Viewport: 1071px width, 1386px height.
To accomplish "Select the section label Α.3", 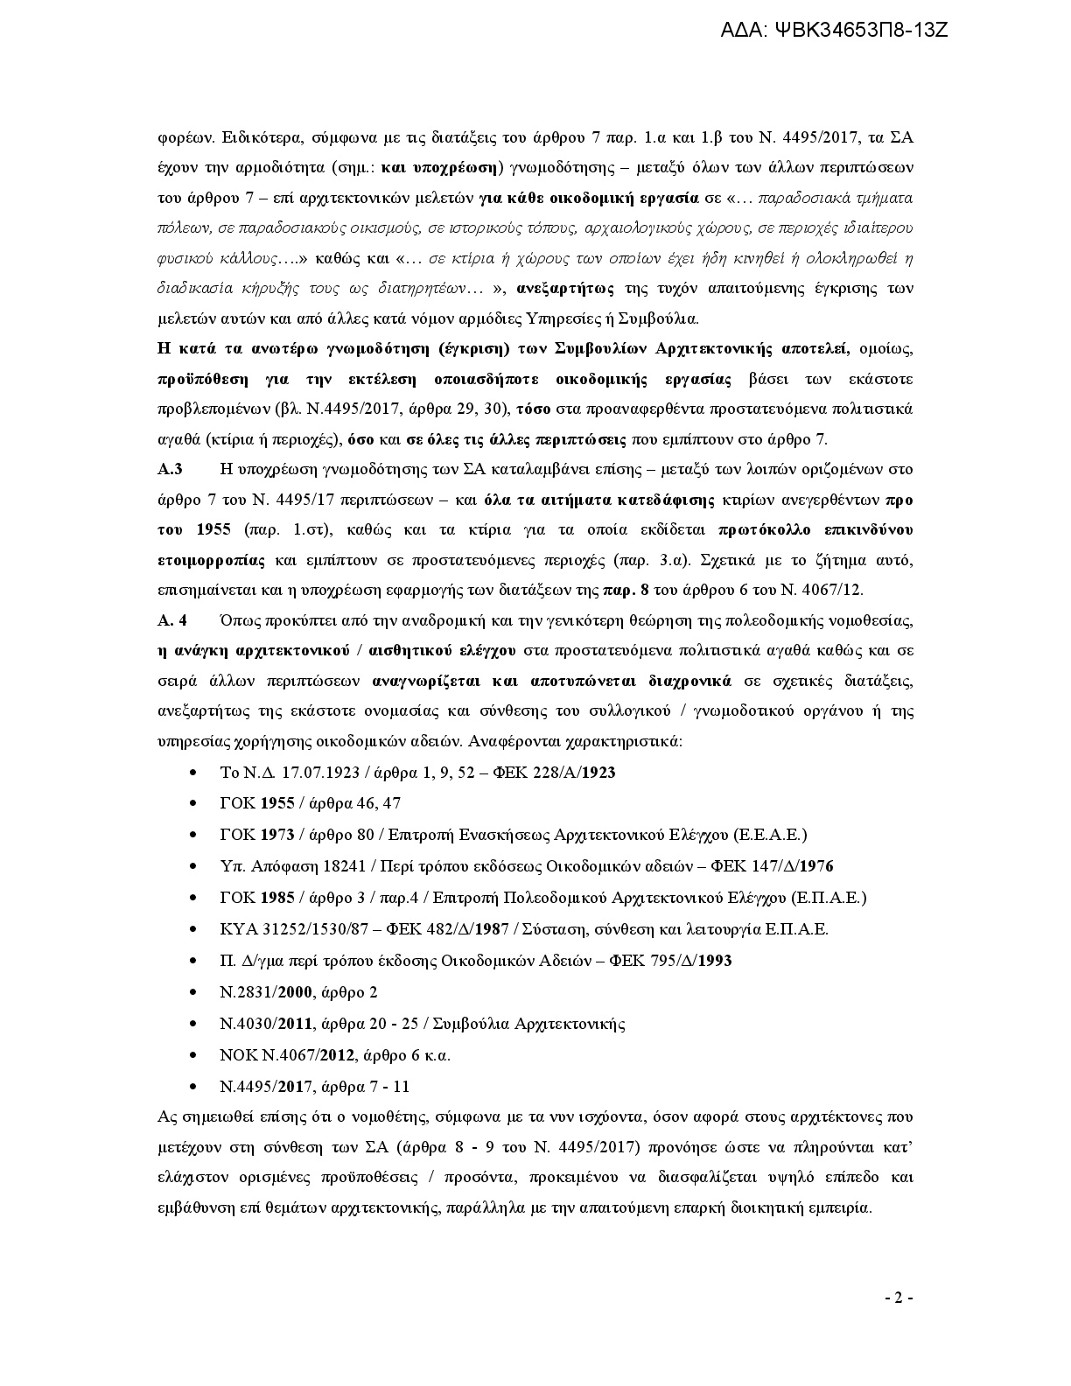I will (x=170, y=470).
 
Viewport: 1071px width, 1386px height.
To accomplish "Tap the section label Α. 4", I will (x=171, y=620).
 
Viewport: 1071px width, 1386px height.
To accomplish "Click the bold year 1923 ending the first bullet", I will (x=598, y=773).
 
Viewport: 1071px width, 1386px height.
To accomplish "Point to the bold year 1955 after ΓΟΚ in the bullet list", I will (x=277, y=803).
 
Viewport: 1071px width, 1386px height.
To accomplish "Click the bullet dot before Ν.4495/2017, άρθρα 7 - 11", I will (x=192, y=1087).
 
